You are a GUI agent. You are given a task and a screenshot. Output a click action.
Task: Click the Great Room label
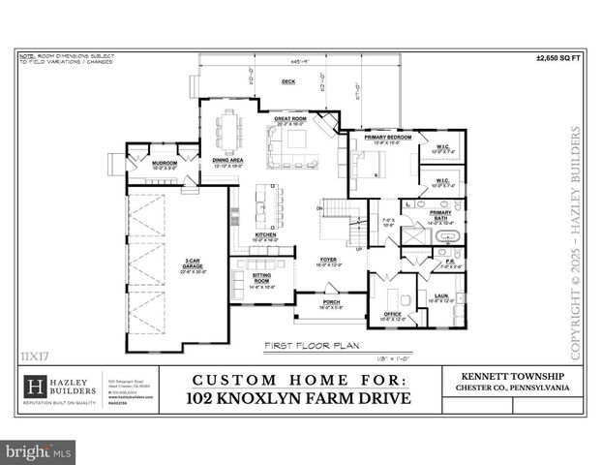click(290, 119)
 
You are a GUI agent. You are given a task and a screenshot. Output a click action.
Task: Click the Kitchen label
click(265, 234)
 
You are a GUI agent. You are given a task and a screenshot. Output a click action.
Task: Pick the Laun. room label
click(440, 296)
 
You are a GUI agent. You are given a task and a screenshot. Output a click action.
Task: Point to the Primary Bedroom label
click(387, 138)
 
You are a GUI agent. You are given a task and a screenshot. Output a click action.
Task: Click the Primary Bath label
click(440, 213)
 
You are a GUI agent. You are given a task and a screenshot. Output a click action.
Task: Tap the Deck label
click(287, 82)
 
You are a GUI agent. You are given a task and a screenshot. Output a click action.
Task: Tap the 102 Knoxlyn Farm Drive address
click(298, 398)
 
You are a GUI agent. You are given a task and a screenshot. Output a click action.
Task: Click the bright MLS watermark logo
click(39, 450)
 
